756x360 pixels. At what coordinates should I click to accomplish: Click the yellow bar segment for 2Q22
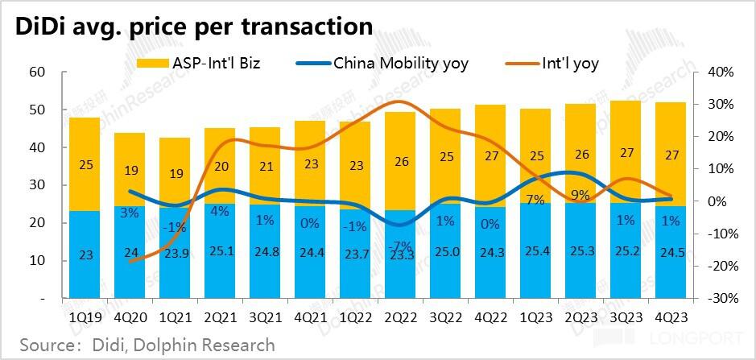(400, 161)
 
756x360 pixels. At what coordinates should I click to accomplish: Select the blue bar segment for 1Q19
(85, 254)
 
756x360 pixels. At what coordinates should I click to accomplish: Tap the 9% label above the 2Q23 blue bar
(580, 194)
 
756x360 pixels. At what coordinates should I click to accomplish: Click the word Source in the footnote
(48, 346)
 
